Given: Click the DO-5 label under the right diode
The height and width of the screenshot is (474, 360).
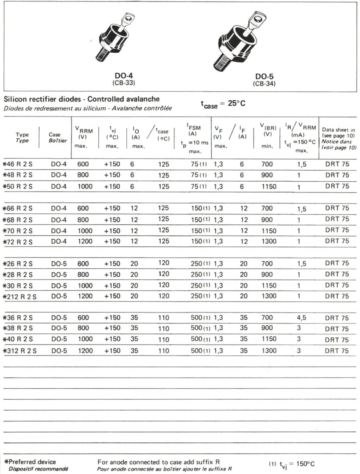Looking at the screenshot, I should coord(264,76).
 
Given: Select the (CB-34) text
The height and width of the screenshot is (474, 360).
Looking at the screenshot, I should coord(264,84).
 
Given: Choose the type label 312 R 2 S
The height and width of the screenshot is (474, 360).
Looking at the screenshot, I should coord(21,351).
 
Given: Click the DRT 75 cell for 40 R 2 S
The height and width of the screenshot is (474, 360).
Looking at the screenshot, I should coord(337,340).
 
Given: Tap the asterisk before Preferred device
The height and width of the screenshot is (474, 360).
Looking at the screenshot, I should coord(6,462).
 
